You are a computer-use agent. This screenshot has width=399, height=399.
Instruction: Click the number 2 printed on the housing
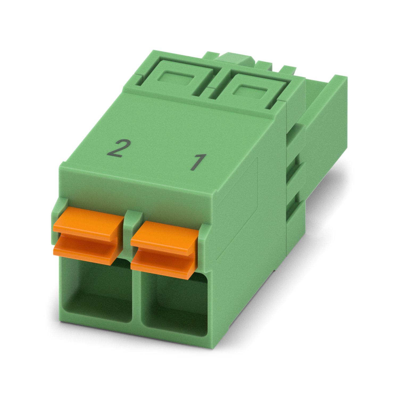pyautogui.click(x=115, y=149)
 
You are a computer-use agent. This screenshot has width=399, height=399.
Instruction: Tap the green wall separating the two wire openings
pyautogui.click(x=136, y=290)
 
